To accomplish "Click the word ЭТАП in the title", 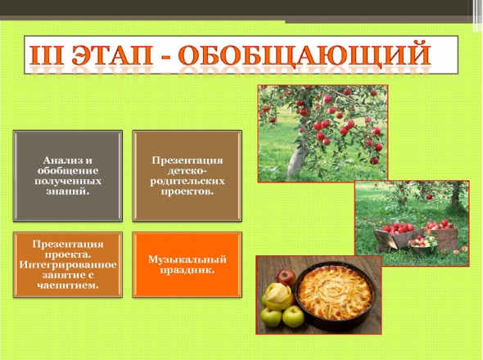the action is coord(112,55).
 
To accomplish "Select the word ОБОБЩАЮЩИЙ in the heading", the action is coord(305,56).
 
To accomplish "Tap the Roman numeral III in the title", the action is coord(47,55).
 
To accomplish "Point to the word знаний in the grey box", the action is coord(67,191).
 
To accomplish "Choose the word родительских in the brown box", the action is coord(187,181).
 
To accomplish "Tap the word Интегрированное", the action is coord(68,265).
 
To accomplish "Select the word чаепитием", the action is coord(68,286).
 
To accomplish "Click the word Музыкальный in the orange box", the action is coord(187,259).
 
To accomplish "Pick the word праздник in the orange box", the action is coord(187,270).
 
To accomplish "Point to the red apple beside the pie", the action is coord(286,278).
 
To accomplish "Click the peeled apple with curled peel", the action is coord(278,296).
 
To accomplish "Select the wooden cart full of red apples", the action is coord(395,236).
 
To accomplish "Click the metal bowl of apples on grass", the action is coord(422,245).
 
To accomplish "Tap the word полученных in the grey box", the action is coord(68,181).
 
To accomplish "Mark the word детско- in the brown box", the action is coord(187,171).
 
